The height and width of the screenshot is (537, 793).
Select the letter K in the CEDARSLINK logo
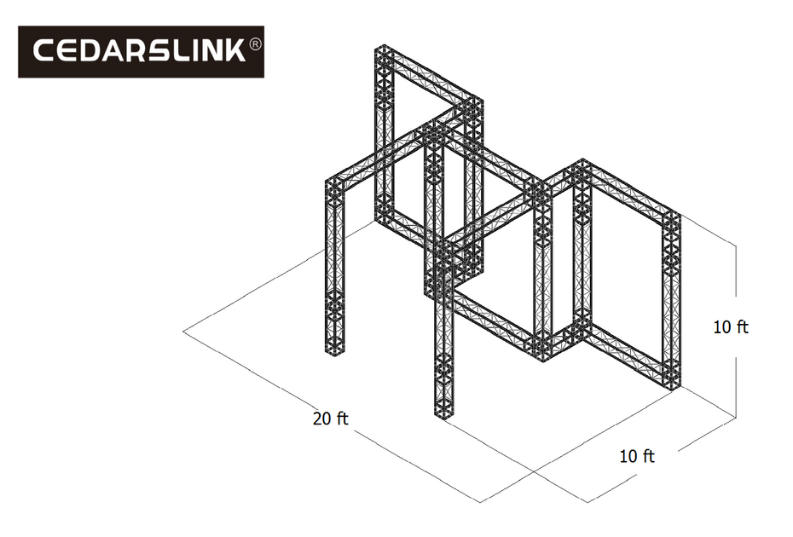[x=233, y=52]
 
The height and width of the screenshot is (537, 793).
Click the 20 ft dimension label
[x=331, y=419]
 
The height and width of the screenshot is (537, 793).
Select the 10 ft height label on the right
[x=731, y=326]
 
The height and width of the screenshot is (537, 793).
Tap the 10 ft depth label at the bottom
[x=637, y=456]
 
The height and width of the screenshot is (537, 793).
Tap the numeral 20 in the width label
[x=321, y=419]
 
